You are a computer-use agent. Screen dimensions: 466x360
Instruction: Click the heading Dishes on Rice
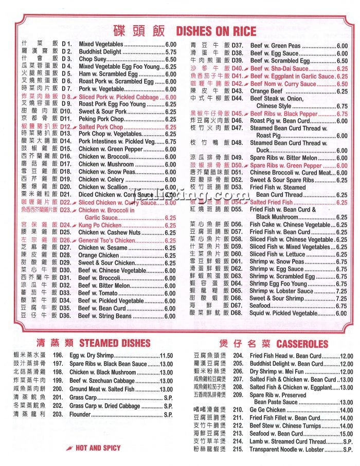216,31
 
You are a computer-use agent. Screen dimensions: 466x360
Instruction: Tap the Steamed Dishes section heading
115,343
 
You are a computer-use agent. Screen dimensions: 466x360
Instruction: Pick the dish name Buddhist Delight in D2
100,52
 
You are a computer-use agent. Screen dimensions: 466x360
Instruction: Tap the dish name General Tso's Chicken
107,240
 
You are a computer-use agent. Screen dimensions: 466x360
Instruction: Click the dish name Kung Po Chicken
100,225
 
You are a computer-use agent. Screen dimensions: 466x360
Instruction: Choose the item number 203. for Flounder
58,414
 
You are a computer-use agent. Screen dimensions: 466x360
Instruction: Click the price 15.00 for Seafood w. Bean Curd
346,434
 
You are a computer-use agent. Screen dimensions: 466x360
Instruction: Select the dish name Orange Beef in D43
268,91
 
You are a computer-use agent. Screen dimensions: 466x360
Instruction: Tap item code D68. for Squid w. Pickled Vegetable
237,313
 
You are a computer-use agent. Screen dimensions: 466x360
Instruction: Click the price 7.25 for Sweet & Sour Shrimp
341,298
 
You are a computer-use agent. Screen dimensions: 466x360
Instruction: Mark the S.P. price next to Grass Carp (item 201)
168,397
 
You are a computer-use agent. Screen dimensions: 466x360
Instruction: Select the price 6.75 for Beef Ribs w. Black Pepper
341,114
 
